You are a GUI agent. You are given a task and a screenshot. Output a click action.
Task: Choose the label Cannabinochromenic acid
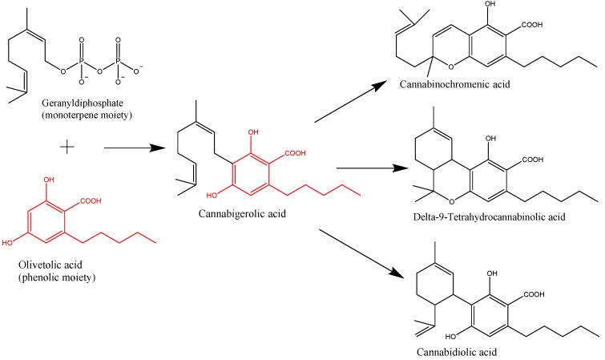(x=457, y=84)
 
